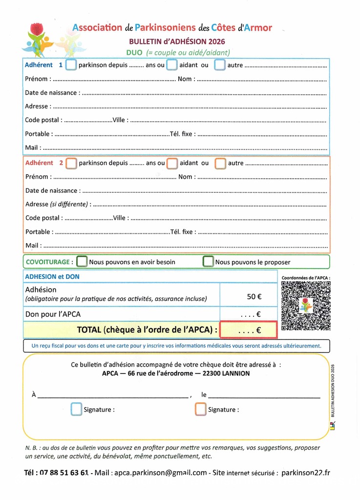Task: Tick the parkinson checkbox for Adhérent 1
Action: [71, 64]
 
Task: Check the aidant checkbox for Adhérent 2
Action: [172, 163]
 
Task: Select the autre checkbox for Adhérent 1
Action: [220, 64]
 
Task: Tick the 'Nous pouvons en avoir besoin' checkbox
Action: [82, 262]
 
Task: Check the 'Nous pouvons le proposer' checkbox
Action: [209, 262]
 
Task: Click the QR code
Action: [306, 306]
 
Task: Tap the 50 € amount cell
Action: [254, 296]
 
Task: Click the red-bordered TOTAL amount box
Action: [249, 330]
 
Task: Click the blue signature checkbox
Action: [77, 409]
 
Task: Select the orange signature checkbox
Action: [201, 409]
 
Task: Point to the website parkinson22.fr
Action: [306, 473]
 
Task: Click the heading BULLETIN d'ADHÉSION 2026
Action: [177, 42]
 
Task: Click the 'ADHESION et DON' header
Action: [52, 276]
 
